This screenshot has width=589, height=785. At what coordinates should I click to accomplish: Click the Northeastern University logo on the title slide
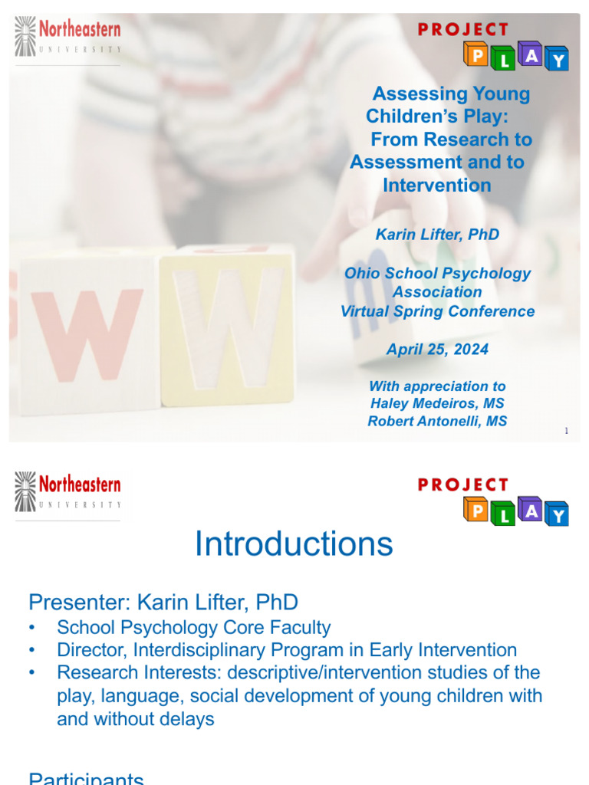point(68,38)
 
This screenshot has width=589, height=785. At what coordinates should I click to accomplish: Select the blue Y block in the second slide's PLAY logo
point(558,515)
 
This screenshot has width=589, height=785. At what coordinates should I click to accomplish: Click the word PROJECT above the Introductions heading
point(463,484)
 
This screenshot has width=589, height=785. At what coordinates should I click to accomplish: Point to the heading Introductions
point(294,544)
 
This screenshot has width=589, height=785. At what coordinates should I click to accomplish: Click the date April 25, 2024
point(437,350)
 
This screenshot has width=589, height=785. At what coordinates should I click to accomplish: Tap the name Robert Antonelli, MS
point(437,421)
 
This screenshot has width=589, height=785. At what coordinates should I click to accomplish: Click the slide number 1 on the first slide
point(567,432)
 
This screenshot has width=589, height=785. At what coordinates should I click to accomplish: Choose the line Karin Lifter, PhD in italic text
point(437,235)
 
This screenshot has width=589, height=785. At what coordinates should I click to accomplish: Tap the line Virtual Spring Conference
point(437,311)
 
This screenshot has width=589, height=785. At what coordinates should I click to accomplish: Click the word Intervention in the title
point(436,185)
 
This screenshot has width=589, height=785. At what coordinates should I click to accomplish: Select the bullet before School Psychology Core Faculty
point(31,628)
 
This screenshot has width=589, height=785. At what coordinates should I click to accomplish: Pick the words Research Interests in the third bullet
point(128,672)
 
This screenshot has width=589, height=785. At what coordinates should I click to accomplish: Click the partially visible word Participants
point(86,779)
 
